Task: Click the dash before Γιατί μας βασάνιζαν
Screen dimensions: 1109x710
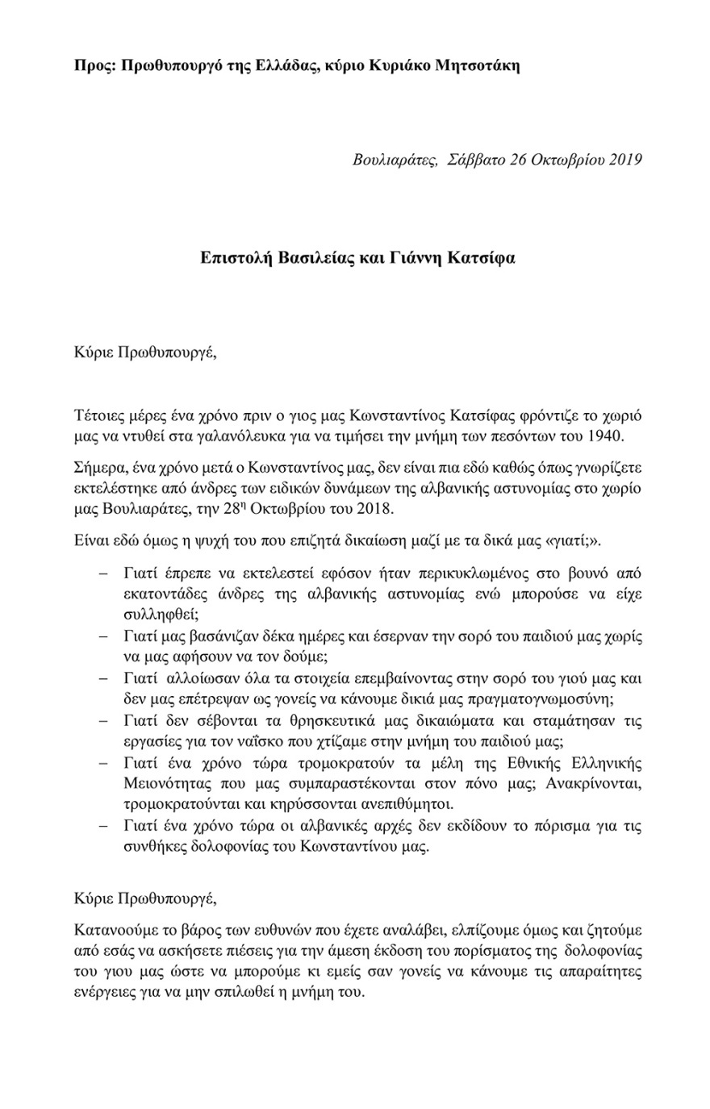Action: [103, 636]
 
